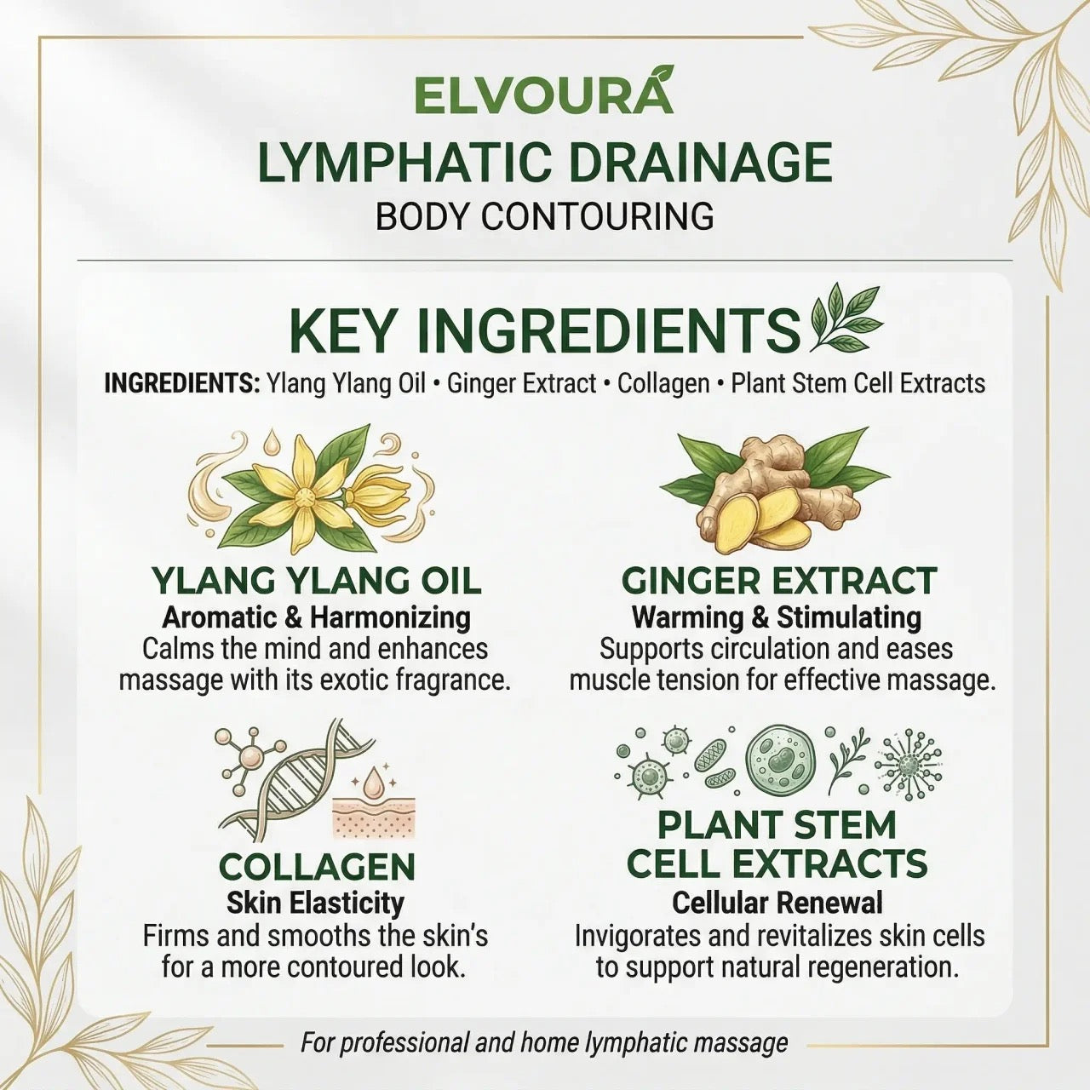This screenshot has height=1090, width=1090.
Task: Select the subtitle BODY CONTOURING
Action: point(544,216)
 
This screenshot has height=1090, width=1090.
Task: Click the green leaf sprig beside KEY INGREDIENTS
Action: point(846,318)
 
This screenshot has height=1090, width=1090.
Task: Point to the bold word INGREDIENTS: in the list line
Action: point(181,383)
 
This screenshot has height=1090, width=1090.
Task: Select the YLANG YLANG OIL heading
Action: point(316,581)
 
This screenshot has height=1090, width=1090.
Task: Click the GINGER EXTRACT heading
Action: point(778,581)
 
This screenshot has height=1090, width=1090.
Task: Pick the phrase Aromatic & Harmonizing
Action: point(316,617)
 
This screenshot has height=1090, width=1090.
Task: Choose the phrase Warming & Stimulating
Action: point(777,617)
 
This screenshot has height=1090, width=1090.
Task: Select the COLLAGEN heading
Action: point(317,867)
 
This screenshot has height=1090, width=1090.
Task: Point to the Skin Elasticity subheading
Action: point(315,903)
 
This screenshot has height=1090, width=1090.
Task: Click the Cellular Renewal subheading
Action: point(777,903)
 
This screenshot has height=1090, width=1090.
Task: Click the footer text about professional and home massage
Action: point(544,1042)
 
